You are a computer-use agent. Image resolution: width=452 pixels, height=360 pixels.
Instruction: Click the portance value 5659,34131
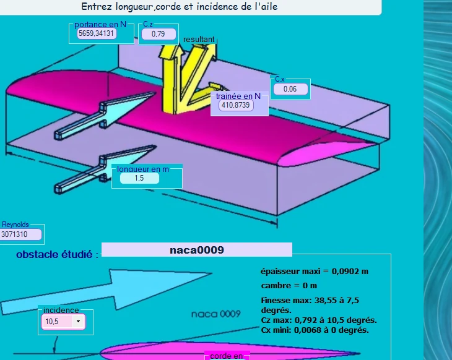point(97,33)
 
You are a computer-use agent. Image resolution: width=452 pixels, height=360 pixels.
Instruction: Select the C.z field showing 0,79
point(159,34)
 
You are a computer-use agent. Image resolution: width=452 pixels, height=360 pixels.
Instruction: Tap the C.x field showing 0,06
point(290,89)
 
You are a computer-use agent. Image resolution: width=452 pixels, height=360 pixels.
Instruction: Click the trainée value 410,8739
point(236,105)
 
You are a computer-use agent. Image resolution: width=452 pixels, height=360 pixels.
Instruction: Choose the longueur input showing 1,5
point(139,178)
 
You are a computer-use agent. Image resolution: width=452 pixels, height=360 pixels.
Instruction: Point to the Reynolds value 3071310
point(20,234)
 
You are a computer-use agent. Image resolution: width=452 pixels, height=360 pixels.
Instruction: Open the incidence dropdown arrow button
point(78,322)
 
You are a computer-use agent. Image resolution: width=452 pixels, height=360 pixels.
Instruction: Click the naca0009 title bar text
point(197,250)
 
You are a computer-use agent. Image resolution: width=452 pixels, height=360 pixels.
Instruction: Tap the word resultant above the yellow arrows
point(199,39)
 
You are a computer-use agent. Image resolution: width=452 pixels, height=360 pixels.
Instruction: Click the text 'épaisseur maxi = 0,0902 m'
point(315,272)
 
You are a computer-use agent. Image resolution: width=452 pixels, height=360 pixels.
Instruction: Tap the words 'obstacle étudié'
point(54,254)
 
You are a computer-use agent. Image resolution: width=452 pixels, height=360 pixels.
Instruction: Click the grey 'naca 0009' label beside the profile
point(216,314)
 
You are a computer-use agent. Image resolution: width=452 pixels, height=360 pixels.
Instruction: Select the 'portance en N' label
point(100,25)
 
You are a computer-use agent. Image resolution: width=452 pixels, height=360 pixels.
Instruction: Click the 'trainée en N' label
point(238,96)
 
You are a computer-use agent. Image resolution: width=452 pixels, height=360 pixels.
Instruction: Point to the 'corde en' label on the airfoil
point(227,356)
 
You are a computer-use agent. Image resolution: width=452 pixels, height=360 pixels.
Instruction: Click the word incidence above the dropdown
point(61,310)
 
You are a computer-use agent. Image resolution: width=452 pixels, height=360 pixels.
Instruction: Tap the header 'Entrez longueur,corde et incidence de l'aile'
point(180,7)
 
